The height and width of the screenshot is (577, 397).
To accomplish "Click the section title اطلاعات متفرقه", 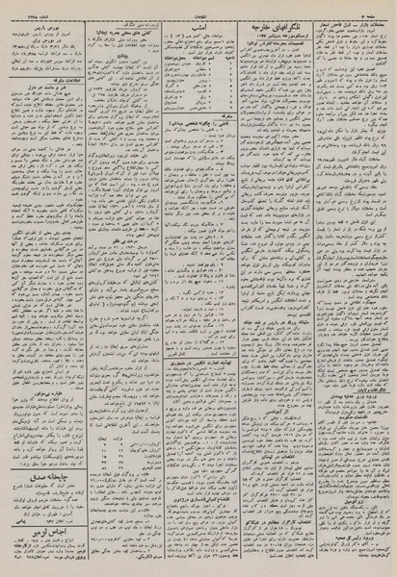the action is [39, 97].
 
